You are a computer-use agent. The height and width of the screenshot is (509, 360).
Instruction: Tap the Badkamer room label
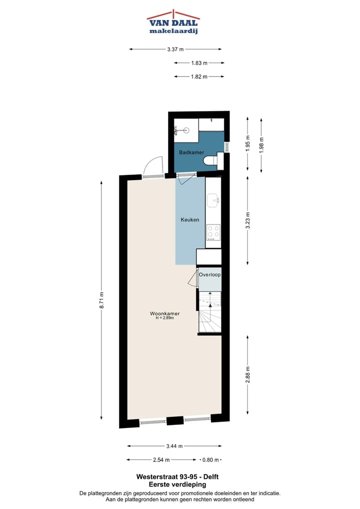click(191, 152)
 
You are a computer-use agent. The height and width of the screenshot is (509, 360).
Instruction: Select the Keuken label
click(190, 219)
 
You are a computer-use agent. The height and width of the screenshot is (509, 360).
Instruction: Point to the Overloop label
click(209, 275)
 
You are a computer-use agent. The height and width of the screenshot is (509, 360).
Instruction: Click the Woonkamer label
click(164, 313)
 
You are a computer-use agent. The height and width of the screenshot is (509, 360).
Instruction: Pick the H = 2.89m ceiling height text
click(164, 318)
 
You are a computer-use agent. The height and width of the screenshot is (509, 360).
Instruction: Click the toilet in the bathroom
click(212, 160)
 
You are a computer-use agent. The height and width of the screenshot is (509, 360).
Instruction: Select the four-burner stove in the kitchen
click(213, 232)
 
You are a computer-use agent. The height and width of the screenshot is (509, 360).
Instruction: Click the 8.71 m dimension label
click(101, 300)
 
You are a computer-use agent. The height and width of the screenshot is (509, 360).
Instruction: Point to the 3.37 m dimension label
click(175, 49)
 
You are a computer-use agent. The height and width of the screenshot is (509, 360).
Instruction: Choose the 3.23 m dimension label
click(248, 220)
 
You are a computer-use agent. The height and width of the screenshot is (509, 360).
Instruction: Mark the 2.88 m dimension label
click(248, 374)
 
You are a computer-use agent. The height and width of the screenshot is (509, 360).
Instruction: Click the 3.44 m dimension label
click(174, 446)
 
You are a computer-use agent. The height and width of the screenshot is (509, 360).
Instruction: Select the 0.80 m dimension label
click(210, 459)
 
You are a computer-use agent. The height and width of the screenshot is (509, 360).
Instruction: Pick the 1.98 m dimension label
click(261, 145)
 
